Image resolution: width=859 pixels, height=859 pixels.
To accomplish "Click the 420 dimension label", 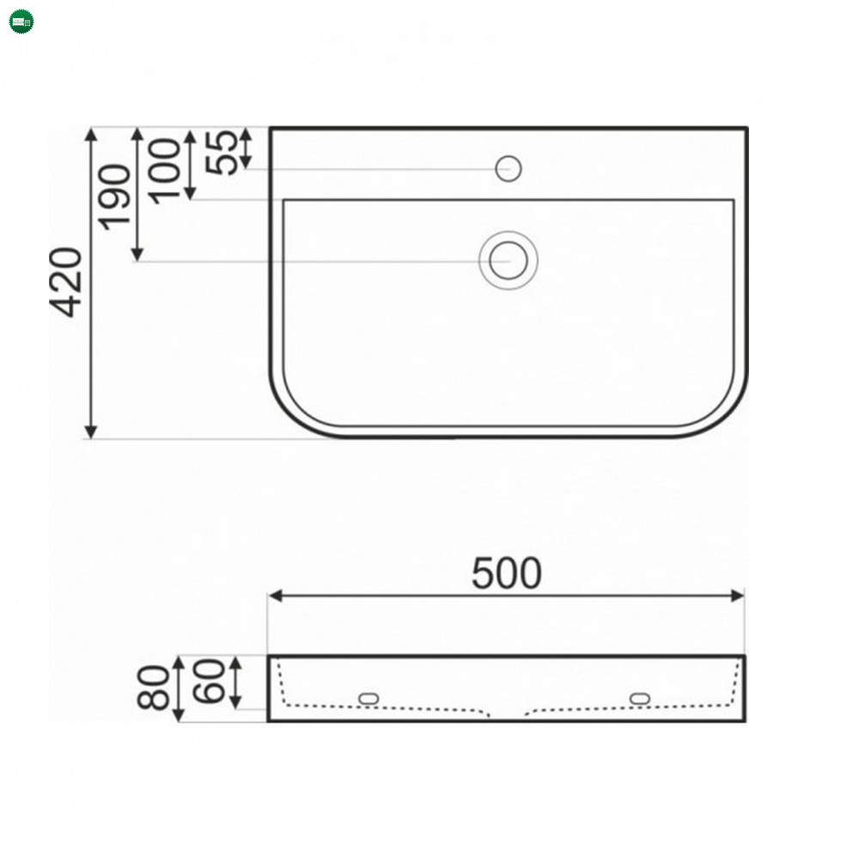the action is coord(66,283).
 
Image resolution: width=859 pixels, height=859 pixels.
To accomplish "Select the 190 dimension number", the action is coord(114,198).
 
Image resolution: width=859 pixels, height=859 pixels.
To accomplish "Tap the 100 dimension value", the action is coord(164,172).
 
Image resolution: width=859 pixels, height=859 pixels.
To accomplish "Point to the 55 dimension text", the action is coord(222,153).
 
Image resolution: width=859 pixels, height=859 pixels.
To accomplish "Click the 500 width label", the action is coord(507,574).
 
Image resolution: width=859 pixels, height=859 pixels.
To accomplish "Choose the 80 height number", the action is coord(153,688).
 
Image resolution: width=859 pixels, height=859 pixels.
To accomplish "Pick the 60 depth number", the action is coord(209,681).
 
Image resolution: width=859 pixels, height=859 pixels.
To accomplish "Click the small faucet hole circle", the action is coord(509,168).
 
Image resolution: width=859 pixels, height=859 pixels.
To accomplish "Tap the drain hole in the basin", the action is coord(509,260).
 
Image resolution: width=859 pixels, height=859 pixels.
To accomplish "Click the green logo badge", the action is coord(21,21).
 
